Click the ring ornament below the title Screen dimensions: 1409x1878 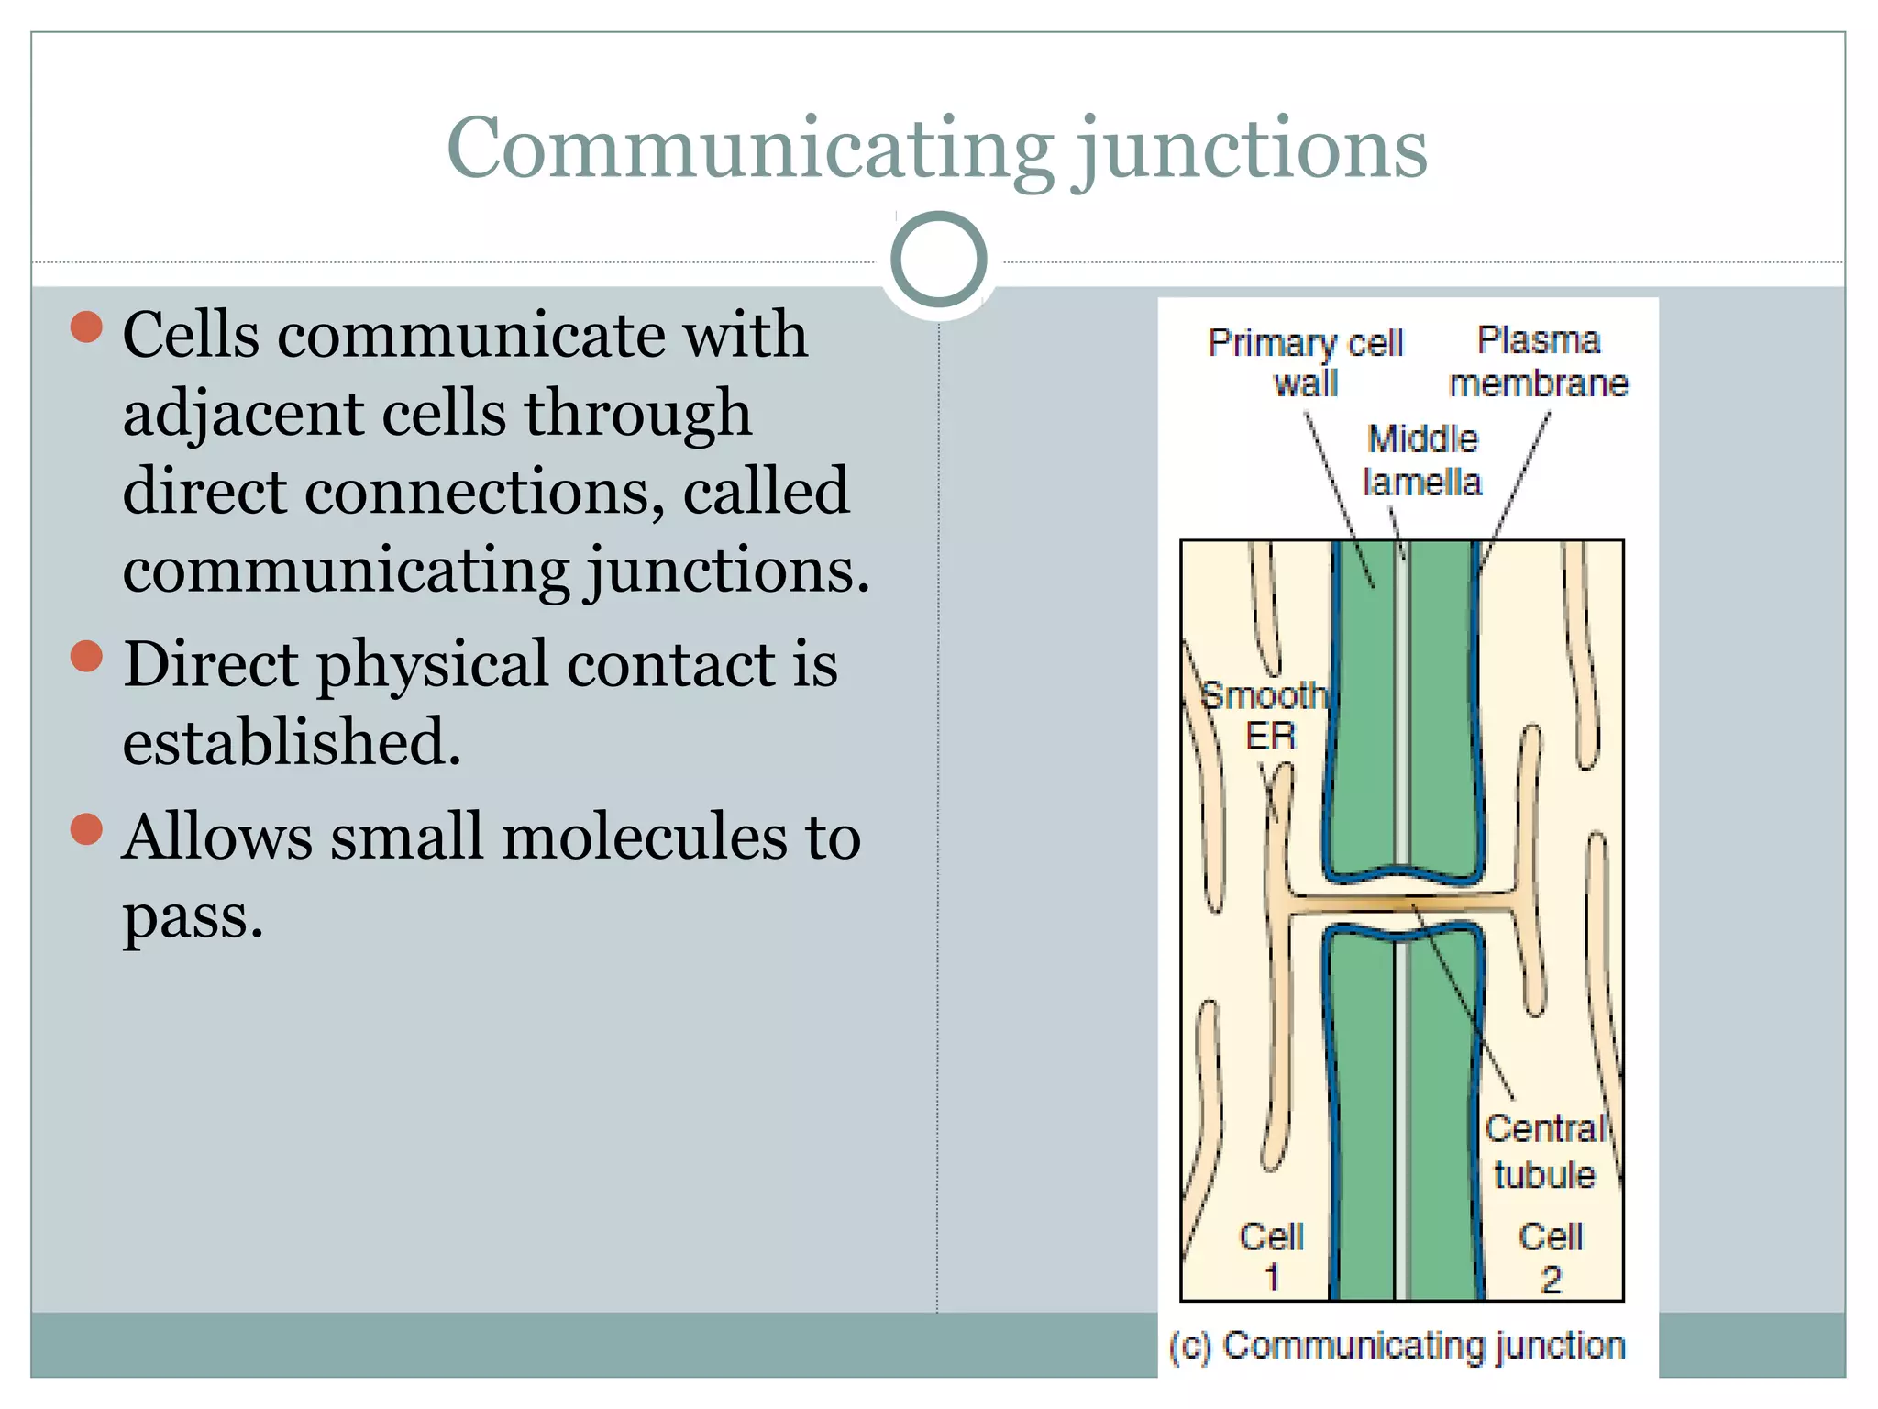pos(938,260)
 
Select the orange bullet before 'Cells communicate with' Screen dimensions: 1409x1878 pos(86,327)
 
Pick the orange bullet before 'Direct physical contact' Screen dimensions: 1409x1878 pos(86,656)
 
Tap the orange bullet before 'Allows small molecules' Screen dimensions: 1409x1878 pos(86,828)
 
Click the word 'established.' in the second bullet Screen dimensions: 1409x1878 pos(292,741)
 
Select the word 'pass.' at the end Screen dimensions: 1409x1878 pos(193,915)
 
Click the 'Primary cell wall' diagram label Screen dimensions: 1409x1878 pos(1306,362)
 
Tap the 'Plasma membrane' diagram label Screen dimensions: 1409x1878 pos(1538,361)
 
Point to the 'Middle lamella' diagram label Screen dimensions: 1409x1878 pos(1422,460)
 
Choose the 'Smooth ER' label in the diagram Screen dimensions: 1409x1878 pos(1265,716)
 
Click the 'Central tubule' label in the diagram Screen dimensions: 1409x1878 pos(1545,1151)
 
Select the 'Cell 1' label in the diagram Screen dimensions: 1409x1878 pos(1271,1256)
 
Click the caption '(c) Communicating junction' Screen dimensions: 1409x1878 pos(1397,1346)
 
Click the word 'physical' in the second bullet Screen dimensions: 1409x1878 pos(432,664)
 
